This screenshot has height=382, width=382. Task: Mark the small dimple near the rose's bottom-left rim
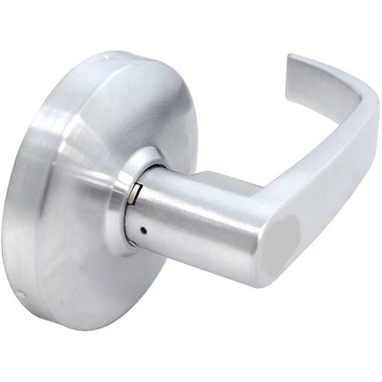(x=24, y=294)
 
